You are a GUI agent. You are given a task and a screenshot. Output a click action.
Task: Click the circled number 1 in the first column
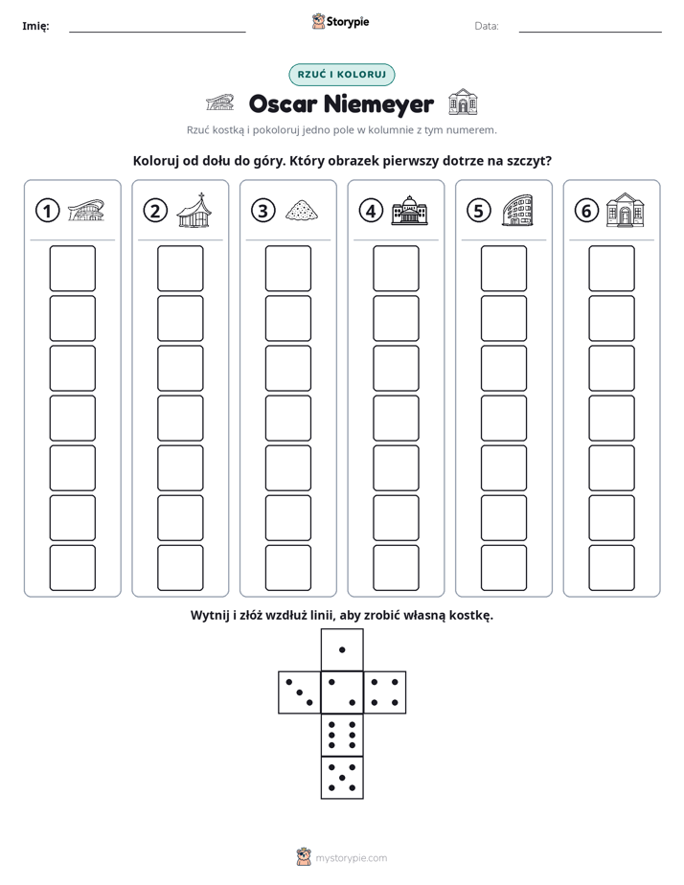tap(47, 211)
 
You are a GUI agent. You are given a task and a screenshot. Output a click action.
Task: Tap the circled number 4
tap(371, 211)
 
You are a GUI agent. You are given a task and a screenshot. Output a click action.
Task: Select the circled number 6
tap(586, 211)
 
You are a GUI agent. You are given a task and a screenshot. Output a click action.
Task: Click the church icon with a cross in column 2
tap(194, 210)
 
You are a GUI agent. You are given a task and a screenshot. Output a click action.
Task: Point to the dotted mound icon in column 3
tap(302, 210)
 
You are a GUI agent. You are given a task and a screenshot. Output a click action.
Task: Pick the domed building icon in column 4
tap(410, 210)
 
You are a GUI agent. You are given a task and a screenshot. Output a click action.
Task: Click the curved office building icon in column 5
tap(517, 210)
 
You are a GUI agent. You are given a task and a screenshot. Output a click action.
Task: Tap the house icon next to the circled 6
tap(626, 210)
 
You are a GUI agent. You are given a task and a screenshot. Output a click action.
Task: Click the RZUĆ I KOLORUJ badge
tap(342, 75)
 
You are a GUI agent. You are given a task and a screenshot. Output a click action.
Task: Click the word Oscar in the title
tap(283, 104)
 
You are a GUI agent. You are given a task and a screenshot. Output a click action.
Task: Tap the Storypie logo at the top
tap(340, 22)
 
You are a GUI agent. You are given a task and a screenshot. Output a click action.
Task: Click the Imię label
tap(35, 26)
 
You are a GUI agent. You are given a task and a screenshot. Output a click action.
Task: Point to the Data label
tap(487, 26)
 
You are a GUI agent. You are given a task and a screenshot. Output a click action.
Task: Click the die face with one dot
tap(342, 649)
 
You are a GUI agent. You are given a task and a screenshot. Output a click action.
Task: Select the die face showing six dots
tap(342, 735)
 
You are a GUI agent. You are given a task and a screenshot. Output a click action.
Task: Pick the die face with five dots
tap(342, 777)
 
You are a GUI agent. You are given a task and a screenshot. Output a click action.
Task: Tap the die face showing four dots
tap(385, 692)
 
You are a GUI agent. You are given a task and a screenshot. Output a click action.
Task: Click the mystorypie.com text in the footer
tap(351, 858)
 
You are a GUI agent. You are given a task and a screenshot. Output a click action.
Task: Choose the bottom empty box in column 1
tap(72, 568)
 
